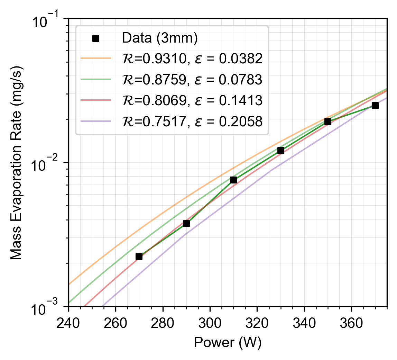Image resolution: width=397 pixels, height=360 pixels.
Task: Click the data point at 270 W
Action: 139,256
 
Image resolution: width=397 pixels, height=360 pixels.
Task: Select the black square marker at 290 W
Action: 186,224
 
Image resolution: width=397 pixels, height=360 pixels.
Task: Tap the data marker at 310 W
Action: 233,180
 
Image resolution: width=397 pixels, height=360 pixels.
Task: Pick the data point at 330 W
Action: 281,151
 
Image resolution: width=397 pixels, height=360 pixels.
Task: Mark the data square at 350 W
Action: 328,121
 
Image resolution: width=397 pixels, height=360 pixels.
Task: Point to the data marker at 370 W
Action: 375,106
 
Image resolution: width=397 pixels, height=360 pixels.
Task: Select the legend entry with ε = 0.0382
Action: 192,59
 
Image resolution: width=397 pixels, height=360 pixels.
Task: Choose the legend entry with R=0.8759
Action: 192,80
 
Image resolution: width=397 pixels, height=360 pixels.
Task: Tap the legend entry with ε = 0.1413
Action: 192,100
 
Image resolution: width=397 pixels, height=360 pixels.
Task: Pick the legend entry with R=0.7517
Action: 192,121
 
